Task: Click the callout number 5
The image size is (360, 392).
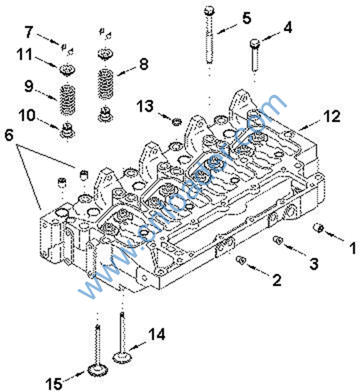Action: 247,18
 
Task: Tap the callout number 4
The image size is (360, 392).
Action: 288,28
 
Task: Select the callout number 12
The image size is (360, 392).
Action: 332,116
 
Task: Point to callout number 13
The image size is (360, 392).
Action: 145,106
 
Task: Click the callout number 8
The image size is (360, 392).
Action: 143,64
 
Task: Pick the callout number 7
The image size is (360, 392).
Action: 29,32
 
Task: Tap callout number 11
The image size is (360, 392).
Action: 24,54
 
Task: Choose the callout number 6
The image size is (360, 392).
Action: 9,135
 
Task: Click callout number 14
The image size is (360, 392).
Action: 157,334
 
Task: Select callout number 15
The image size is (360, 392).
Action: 54,384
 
